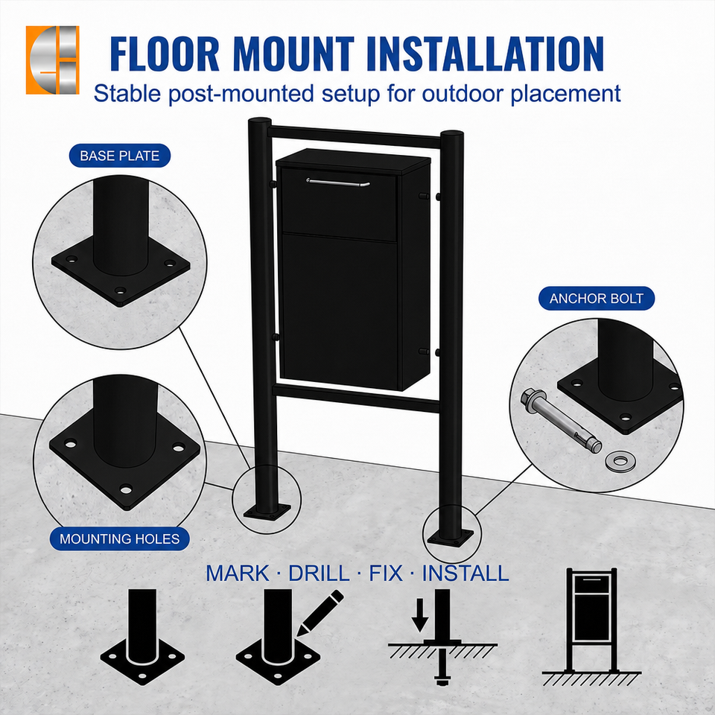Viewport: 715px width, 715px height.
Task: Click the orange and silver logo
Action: (52, 60)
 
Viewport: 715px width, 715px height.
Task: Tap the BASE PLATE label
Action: (119, 156)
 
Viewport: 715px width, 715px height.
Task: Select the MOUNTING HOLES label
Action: (119, 539)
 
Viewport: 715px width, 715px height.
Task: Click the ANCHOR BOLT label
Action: (597, 299)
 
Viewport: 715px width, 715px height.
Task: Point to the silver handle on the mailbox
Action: (338, 182)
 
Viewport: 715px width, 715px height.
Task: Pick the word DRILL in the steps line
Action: (319, 573)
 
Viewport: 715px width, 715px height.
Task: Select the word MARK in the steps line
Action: (237, 573)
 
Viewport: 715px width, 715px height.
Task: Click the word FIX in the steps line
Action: (386, 573)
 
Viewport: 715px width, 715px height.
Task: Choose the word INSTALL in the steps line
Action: (465, 573)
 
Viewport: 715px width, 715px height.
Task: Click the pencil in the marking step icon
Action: (320, 613)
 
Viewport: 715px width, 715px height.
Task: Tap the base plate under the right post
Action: (451, 537)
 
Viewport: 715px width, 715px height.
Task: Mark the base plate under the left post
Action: (267, 512)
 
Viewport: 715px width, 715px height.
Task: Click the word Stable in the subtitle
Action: (127, 94)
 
